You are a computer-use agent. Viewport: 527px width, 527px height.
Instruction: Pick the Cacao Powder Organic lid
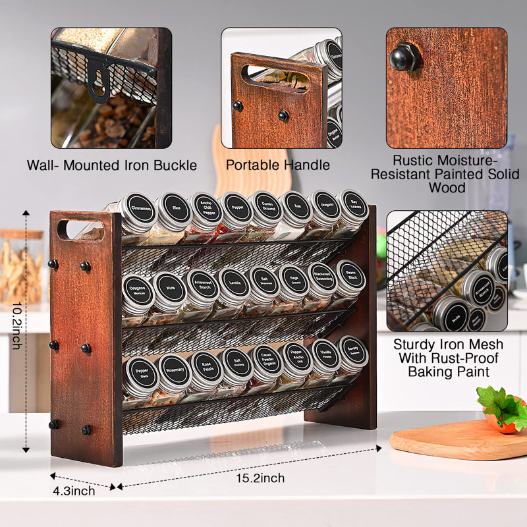point(267,363)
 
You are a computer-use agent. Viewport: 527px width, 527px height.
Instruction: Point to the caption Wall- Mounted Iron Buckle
point(112,165)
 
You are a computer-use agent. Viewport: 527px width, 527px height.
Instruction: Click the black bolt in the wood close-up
point(402,58)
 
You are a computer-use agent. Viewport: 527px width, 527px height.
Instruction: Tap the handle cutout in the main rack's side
point(80,230)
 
